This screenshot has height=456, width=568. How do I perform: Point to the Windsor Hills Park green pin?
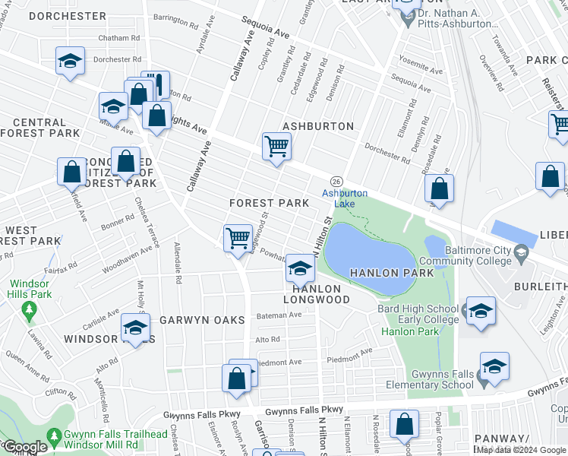[x=29, y=310]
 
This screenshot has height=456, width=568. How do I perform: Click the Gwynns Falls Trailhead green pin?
[x=55, y=437]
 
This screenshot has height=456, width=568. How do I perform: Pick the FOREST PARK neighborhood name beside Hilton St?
[x=270, y=203]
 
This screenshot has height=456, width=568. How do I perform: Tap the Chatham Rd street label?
[x=118, y=38]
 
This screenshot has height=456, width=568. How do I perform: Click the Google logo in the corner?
[x=25, y=447]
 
